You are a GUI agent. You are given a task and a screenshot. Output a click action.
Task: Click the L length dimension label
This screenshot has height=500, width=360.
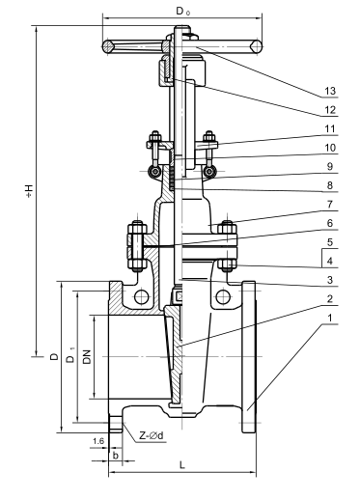pyautogui.click(x=182, y=465)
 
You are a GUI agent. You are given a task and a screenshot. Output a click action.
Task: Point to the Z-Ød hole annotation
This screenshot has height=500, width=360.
pyautogui.click(x=152, y=434)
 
